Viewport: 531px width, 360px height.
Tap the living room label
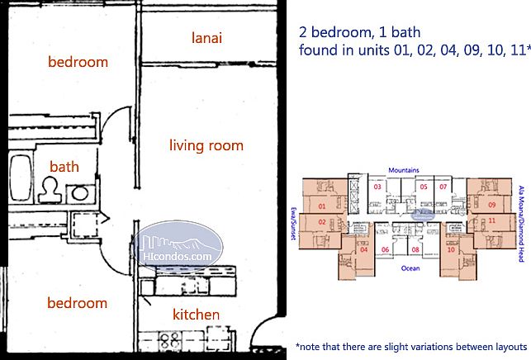pyautogui.click(x=206, y=146)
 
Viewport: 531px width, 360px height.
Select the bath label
pyautogui.click(x=64, y=167)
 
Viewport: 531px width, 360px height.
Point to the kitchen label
pyautogui.click(x=196, y=315)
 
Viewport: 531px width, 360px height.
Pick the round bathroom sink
pyautogui.click(x=79, y=192)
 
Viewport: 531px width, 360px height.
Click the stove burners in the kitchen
pyautogui.click(x=164, y=339)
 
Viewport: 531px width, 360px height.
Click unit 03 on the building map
pyautogui.click(x=378, y=187)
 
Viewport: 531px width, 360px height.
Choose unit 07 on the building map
pyautogui.click(x=443, y=187)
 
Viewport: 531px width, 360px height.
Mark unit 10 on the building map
pyautogui.click(x=452, y=249)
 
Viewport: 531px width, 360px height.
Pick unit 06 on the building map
pyautogui.click(x=385, y=249)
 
